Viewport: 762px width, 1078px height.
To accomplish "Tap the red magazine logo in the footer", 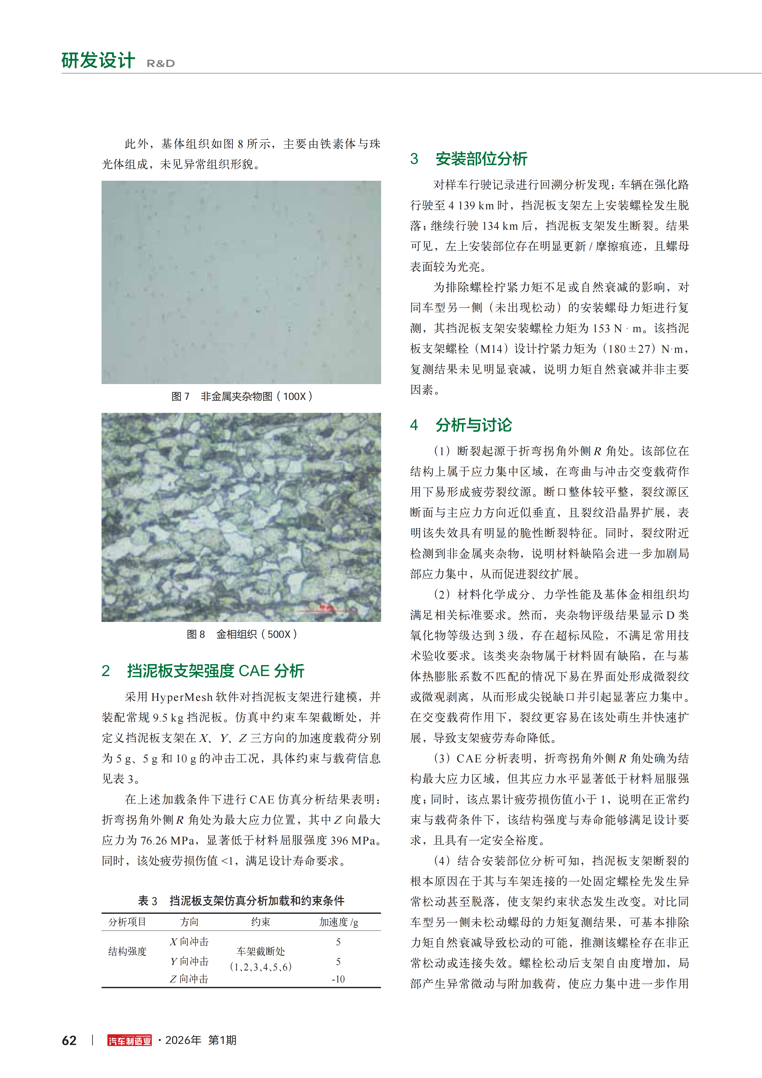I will coord(130,1041).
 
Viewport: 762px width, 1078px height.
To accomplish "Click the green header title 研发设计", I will coord(98,60).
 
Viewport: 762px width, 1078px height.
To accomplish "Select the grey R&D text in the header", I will coord(161,63).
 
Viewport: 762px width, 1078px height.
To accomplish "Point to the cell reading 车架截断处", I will coord(261,951).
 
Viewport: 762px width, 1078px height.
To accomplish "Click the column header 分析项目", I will coord(127,922).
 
